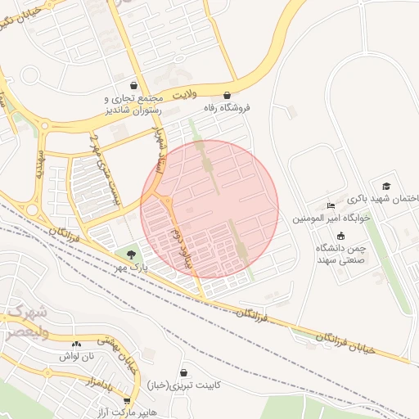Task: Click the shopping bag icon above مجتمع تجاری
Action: [x=134, y=86]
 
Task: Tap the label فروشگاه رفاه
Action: [x=227, y=107]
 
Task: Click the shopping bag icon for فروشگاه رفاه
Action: [x=227, y=95]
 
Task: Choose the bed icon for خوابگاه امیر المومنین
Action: [x=331, y=206]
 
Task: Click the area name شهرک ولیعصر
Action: [x=26, y=323]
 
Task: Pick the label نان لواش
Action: [x=77, y=356]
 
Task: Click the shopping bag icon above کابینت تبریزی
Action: [x=183, y=372]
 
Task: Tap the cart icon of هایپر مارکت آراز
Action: [x=127, y=400]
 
